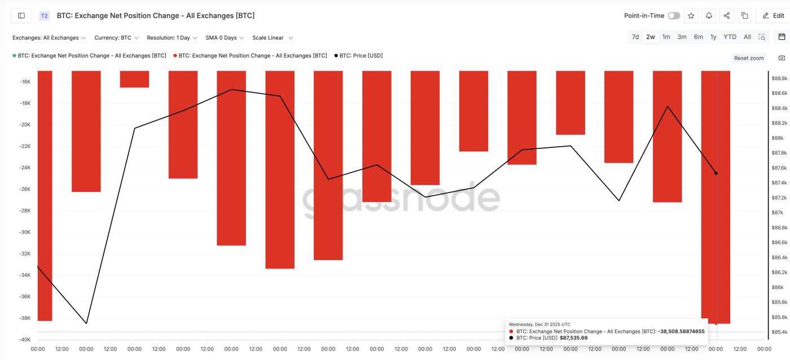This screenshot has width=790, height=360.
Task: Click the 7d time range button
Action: (x=635, y=37)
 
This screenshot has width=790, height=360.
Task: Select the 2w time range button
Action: (x=651, y=37)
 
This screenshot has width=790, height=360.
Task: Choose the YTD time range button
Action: (x=730, y=37)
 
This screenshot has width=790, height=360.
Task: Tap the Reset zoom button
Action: (x=749, y=58)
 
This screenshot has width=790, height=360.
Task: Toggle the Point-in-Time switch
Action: (x=674, y=16)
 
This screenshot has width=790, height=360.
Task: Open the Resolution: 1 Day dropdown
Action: (x=172, y=38)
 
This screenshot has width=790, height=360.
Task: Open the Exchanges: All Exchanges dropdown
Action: (x=49, y=38)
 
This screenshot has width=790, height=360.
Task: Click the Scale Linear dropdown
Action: (x=273, y=38)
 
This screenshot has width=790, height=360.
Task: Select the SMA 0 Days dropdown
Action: (x=225, y=38)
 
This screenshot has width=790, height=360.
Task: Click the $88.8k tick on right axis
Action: (x=779, y=78)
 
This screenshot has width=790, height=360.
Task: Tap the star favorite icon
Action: (x=691, y=16)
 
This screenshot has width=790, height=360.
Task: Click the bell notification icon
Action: (x=709, y=16)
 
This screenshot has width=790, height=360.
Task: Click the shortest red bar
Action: (x=134, y=79)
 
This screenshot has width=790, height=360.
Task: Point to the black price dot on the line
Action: (x=716, y=173)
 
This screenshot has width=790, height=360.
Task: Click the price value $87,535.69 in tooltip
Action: (x=573, y=337)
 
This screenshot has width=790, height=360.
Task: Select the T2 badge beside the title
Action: (x=44, y=16)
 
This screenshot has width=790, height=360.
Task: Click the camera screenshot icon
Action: (x=782, y=58)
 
